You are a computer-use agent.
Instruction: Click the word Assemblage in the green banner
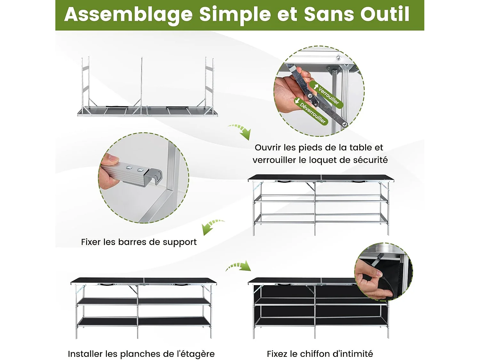pyautogui.click(x=128, y=15)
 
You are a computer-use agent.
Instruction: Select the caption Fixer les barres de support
pyautogui.click(x=139, y=242)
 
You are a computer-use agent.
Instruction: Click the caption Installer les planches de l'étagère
pyautogui.click(x=141, y=354)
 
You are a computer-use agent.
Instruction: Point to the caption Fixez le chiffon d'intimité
pyautogui.click(x=320, y=354)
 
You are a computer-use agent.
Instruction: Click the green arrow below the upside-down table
pyautogui.click(x=241, y=131)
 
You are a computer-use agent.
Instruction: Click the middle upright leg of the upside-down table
pyautogui.click(x=141, y=85)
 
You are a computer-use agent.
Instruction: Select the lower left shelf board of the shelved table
pyautogui.click(x=107, y=321)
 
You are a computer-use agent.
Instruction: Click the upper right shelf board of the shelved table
pyautogui.click(x=174, y=301)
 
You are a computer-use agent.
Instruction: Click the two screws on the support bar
pyautogui.click(x=135, y=168)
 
